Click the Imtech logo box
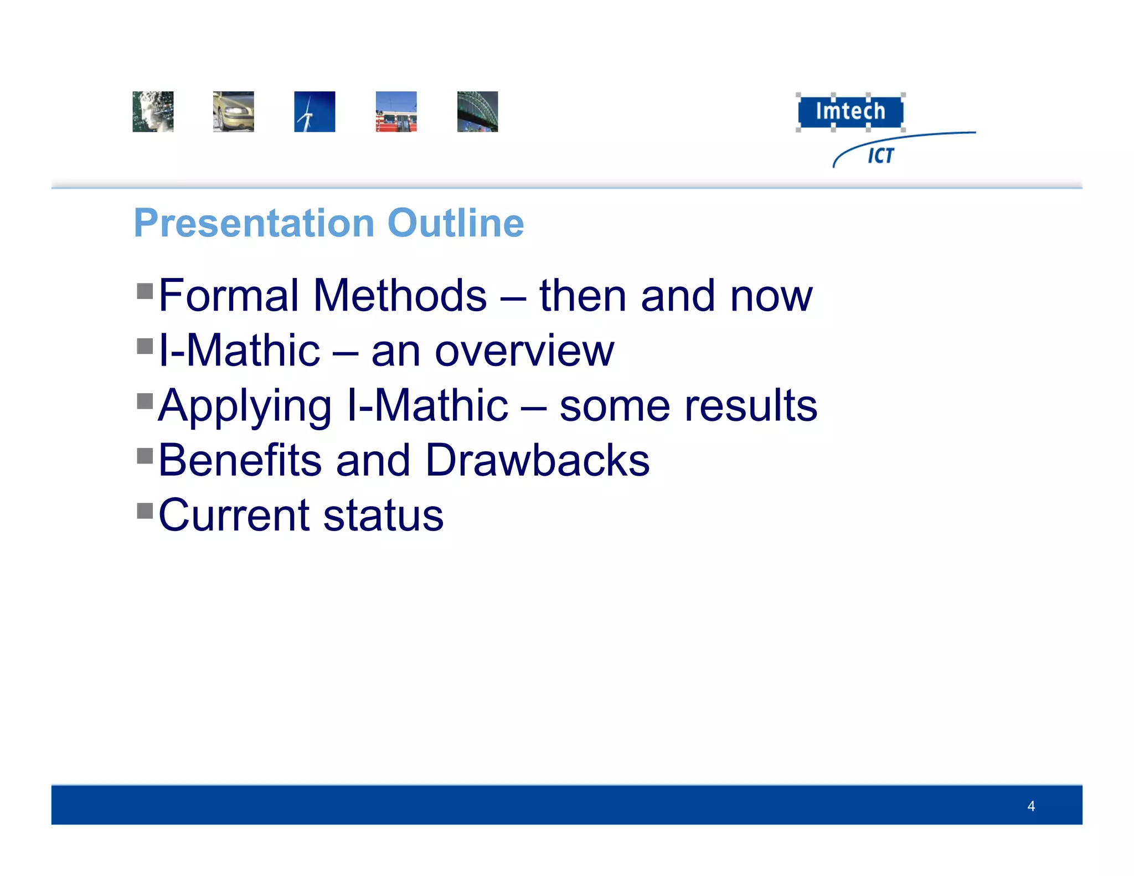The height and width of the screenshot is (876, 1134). point(850,111)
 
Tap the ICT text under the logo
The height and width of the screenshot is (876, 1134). point(880,156)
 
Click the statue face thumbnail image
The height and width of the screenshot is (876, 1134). point(153,112)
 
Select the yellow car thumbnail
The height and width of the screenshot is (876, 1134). point(234,112)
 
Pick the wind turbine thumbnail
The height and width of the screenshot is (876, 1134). point(315,112)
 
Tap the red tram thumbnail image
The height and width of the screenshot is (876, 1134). point(396,112)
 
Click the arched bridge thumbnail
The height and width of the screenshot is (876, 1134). point(477,112)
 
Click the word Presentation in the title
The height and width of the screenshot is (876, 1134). point(254,223)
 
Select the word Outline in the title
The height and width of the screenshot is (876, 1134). point(455,223)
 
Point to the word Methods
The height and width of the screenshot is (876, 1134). point(400,296)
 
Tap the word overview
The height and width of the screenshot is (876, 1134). point(524,352)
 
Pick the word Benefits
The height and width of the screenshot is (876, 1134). point(240,461)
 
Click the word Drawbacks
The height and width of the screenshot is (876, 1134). point(537,461)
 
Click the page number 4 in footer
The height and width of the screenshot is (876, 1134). point(1030,806)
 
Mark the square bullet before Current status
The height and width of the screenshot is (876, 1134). point(145,511)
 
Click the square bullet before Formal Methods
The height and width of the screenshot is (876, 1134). point(145,291)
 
